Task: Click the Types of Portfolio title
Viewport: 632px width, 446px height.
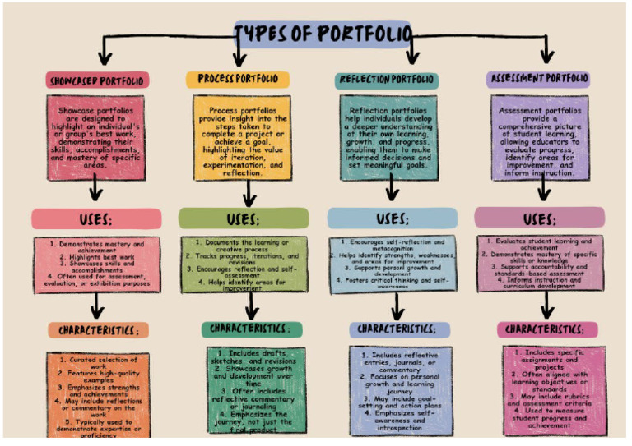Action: point(322,34)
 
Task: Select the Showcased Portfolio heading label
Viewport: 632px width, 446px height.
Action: point(97,80)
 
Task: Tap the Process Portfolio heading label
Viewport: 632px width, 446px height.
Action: point(238,80)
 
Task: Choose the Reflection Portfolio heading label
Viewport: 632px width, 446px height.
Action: point(387,80)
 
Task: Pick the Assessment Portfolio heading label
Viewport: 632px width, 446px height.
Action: point(538,80)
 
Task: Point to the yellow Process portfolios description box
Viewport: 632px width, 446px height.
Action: point(241,137)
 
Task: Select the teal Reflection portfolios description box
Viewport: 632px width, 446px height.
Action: point(390,137)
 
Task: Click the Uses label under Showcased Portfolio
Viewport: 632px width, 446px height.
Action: point(96,219)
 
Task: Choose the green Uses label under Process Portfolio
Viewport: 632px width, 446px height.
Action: point(243,218)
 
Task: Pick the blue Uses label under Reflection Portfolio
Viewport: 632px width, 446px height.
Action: point(392,218)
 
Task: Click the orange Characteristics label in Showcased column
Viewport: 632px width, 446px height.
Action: point(98,330)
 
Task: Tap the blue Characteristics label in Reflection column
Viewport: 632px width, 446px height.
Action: point(399,329)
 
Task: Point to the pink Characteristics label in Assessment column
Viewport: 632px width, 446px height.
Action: point(546,329)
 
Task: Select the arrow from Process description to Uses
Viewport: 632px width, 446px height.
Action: point(248,194)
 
